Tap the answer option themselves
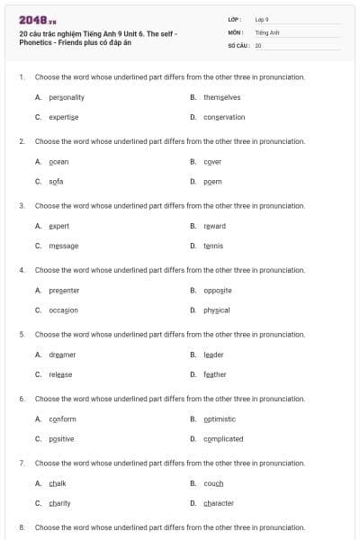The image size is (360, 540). (x=221, y=97)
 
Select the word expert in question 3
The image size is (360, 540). (x=58, y=226)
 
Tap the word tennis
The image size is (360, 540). (x=212, y=246)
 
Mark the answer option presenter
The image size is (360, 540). (x=64, y=290)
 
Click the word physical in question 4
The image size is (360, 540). (x=216, y=310)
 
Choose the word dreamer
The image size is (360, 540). (x=62, y=355)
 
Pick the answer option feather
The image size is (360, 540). (x=214, y=374)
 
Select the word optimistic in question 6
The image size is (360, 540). (x=220, y=418)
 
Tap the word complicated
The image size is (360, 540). (x=223, y=438)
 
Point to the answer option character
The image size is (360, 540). (x=219, y=503)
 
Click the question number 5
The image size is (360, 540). (x=22, y=334)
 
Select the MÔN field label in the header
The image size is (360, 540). (x=236, y=31)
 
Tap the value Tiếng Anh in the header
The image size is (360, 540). (x=267, y=31)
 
